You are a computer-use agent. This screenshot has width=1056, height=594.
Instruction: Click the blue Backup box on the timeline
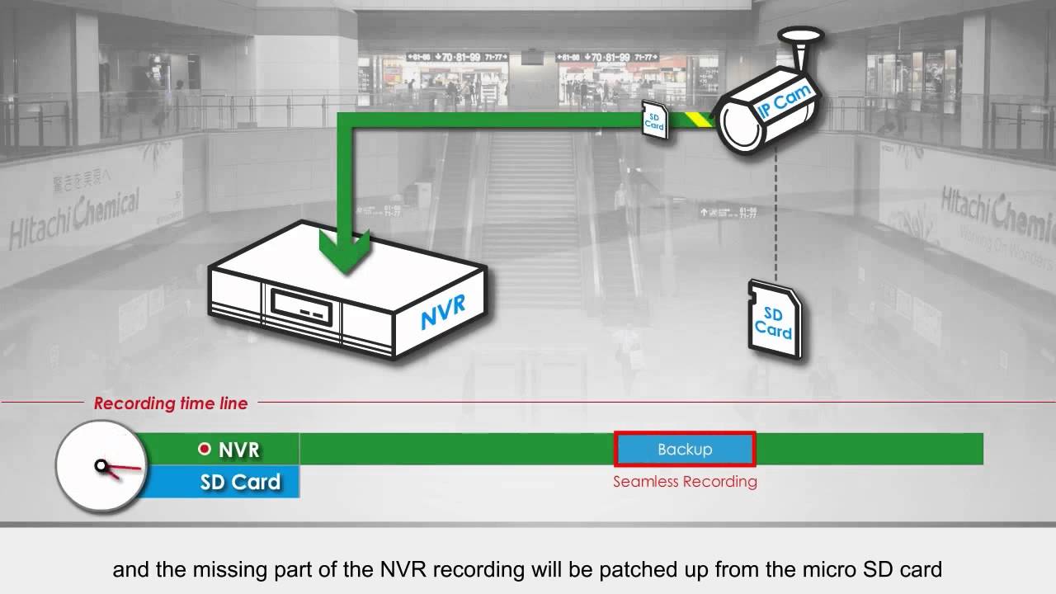pos(685,450)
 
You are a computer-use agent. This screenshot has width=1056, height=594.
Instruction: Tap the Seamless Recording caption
pos(685,482)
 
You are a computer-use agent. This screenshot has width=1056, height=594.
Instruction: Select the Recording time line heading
pos(171,403)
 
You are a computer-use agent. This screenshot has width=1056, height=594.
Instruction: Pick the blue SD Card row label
pos(239,482)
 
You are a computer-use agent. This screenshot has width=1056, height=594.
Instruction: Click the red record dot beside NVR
pos(205,450)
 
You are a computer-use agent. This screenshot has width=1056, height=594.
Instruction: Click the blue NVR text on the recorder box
pos(442,311)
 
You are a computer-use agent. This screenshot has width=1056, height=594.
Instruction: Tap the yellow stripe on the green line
pos(701,120)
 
